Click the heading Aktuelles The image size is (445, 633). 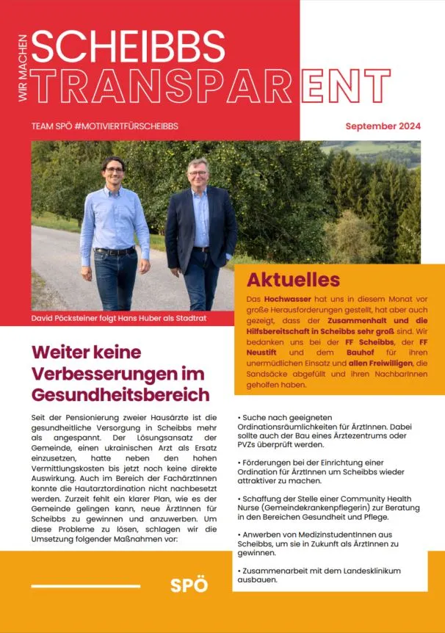click(293, 279)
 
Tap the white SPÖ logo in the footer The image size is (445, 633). click(189, 585)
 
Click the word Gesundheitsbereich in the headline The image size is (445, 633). click(120, 394)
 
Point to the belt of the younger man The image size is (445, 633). click(116, 250)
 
